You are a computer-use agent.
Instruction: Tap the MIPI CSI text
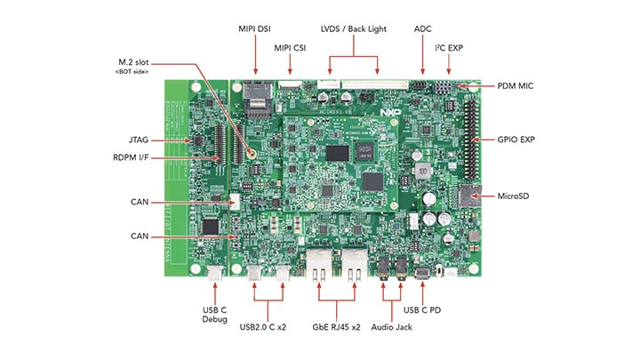tap(292, 47)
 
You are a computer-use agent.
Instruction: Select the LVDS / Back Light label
tap(354, 28)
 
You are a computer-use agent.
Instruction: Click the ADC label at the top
tap(423, 28)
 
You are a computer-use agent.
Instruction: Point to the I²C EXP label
tap(448, 47)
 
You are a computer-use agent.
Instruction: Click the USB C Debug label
tap(216, 315)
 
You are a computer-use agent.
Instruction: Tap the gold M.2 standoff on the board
tap(252, 153)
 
